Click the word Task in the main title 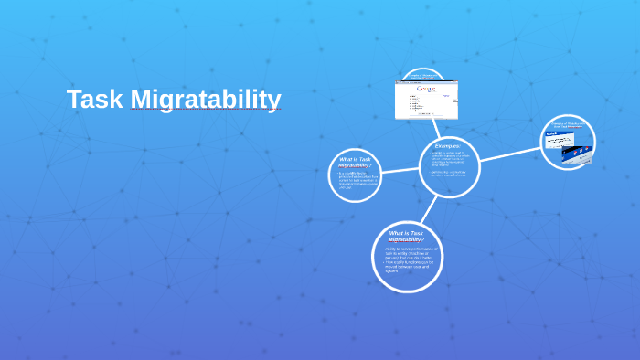[x=95, y=99]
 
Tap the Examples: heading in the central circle [x=448, y=145]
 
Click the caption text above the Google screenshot [x=422, y=76]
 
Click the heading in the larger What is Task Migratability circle [x=406, y=236]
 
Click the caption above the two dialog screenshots [x=568, y=125]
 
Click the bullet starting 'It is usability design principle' [x=357, y=179]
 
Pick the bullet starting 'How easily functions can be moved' [x=408, y=266]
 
